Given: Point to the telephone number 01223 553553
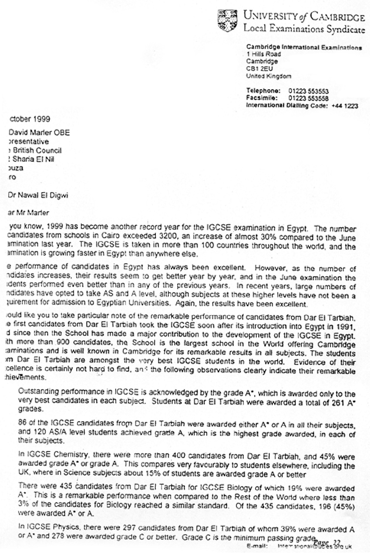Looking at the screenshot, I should click(308, 91).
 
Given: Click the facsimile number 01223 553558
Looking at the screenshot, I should click(308, 98).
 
